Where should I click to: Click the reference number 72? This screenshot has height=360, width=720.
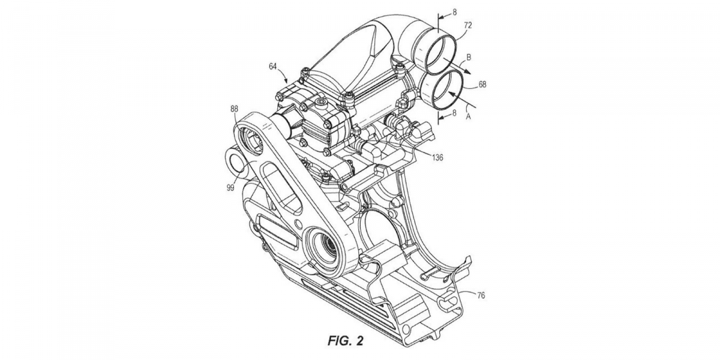[x=468, y=25]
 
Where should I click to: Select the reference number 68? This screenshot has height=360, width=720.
[x=482, y=84]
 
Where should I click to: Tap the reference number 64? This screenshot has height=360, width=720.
[x=272, y=67]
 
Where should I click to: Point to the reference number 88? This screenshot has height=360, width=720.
[x=234, y=109]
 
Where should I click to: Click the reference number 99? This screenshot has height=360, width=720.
[x=230, y=188]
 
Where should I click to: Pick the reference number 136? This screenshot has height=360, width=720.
[x=437, y=157]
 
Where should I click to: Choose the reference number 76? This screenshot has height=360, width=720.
[x=481, y=295]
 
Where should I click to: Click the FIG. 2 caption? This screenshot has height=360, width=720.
[x=345, y=340]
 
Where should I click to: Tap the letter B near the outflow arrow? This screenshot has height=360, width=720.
[x=469, y=58]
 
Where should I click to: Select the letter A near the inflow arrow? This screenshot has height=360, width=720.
[x=469, y=117]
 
